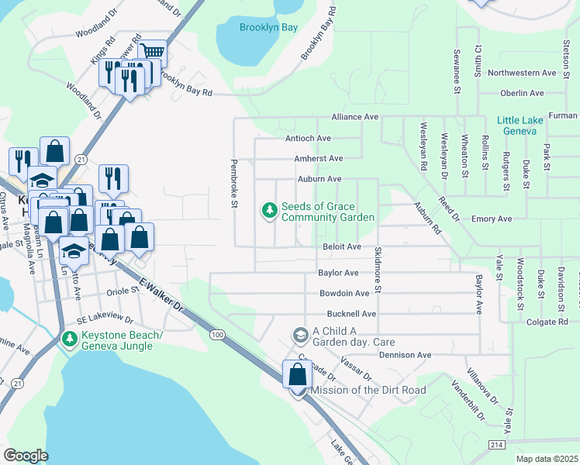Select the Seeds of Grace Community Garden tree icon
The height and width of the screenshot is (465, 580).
(x=269, y=211)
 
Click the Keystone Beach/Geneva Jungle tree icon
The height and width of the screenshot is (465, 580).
(x=70, y=339)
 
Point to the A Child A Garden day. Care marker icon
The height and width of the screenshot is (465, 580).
(x=300, y=335)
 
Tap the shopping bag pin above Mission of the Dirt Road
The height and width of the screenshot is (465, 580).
(x=297, y=375)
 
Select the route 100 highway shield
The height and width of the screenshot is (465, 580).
(x=216, y=332)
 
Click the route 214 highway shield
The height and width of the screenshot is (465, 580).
(x=497, y=444)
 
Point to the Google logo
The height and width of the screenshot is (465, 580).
(x=26, y=455)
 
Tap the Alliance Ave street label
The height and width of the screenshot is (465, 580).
(x=354, y=116)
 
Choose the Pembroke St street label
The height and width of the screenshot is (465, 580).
(x=233, y=184)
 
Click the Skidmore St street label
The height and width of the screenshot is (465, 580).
(x=378, y=270)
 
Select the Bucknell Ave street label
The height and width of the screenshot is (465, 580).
(x=351, y=314)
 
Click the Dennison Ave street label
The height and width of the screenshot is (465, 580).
(x=405, y=355)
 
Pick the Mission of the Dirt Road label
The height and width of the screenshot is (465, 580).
(x=368, y=390)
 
